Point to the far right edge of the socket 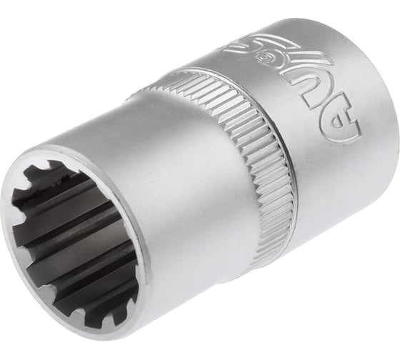(391, 121)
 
